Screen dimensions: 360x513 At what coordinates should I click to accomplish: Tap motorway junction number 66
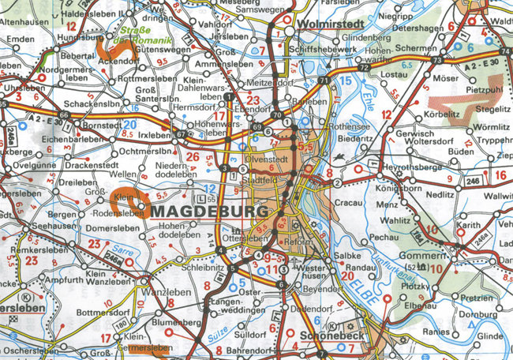[64, 115]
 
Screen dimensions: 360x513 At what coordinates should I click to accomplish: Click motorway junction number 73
[436, 61]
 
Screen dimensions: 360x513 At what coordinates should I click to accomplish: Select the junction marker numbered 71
[323, 81]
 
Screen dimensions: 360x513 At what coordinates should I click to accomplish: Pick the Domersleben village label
[105, 228]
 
